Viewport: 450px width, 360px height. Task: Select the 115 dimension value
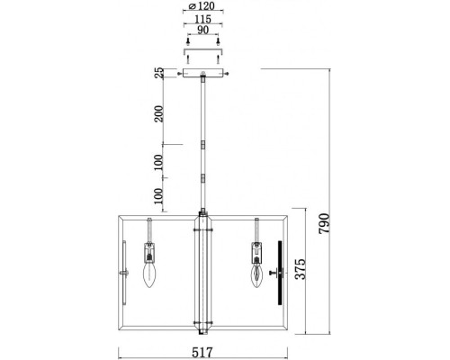pyautogui.click(x=203, y=20)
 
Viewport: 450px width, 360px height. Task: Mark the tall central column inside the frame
pyautogui.click(x=203, y=270)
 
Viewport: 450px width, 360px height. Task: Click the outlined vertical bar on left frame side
pyautogui.click(x=124, y=280)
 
